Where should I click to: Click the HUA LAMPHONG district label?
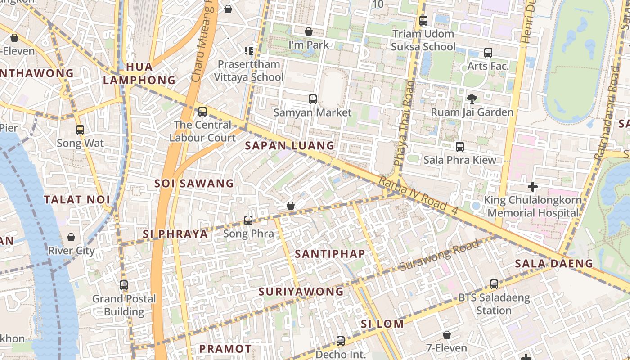[x=139, y=74]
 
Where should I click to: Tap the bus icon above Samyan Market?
[x=312, y=99]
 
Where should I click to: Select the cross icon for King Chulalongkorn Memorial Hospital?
[x=533, y=186]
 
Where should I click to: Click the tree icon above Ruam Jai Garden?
[x=472, y=99]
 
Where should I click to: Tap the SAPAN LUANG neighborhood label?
[x=290, y=146]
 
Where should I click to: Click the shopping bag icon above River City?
[x=71, y=237]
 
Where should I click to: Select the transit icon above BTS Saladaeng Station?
[x=494, y=284]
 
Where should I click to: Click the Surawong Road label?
[x=439, y=256]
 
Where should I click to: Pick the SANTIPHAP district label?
[x=330, y=254]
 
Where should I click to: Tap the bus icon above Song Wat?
[x=80, y=130]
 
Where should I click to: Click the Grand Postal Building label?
[x=124, y=305]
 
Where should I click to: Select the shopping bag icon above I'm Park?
[x=309, y=31]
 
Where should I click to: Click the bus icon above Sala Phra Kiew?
[x=459, y=147]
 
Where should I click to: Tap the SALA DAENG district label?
[x=554, y=264]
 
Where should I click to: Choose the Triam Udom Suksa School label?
[x=423, y=40]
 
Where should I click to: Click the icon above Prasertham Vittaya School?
[x=248, y=50]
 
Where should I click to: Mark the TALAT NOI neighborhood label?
[x=77, y=200]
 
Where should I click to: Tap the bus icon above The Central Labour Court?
[x=202, y=112]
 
